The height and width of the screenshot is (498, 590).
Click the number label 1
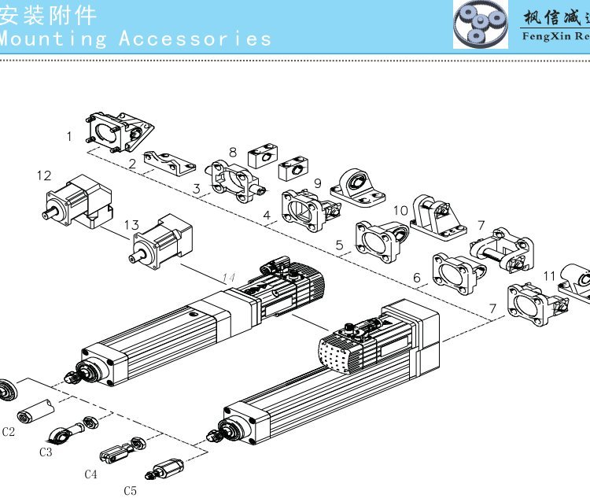coord(69,136)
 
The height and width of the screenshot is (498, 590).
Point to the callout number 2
coord(132,164)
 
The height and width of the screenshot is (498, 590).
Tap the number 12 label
coord(44,175)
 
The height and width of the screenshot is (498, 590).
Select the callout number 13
coord(131,226)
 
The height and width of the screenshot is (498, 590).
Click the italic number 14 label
coord(229,277)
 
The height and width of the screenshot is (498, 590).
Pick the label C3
coord(46,452)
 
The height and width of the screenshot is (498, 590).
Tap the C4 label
coord(90,474)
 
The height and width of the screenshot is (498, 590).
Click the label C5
coord(130,490)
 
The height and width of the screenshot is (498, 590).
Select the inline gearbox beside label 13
coord(164,239)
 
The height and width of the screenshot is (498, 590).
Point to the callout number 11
coord(550,275)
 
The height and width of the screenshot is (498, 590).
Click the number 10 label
coord(400,210)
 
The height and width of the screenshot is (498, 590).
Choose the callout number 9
coord(317,183)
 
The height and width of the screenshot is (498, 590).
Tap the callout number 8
coord(233,152)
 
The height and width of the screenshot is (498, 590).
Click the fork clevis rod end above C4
coord(117,452)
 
